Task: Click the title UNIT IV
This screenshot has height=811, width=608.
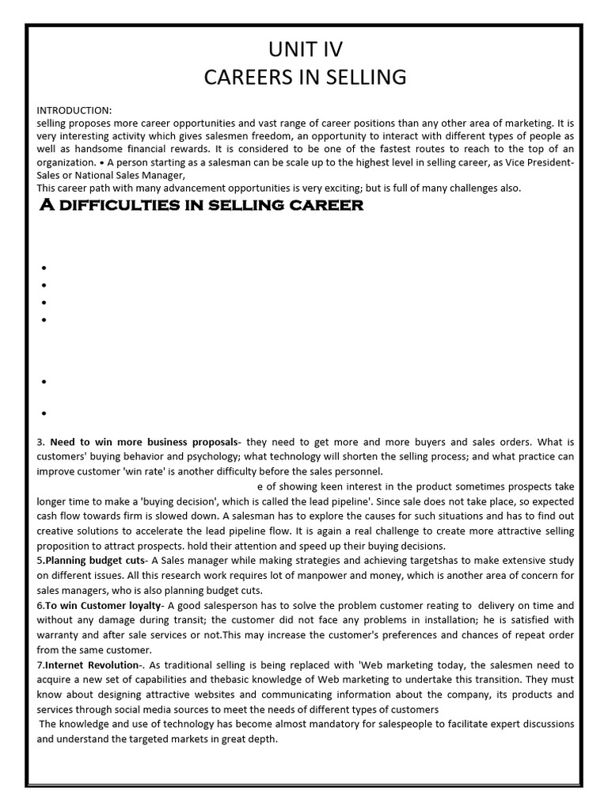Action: [x=305, y=49]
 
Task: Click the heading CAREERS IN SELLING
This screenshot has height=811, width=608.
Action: [x=305, y=77]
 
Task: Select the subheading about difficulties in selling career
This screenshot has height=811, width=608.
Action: [x=202, y=206]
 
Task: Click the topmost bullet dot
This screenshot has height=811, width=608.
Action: [x=44, y=268]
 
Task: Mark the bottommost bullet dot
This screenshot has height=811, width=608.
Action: [x=44, y=413]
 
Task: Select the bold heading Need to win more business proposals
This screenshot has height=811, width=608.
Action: [x=143, y=441]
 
